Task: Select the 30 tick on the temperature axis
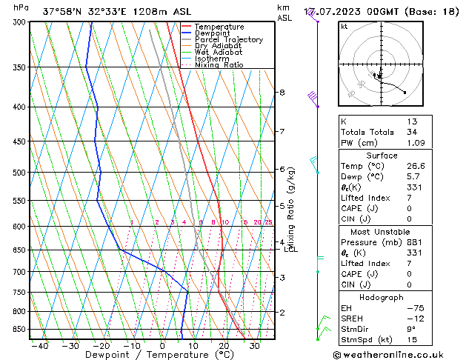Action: [254, 345]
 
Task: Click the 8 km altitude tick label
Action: [282, 93]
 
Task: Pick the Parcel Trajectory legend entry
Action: [228, 39]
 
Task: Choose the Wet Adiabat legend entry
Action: [219, 52]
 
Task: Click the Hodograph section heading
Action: [382, 296]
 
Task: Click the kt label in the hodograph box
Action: [344, 27]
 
